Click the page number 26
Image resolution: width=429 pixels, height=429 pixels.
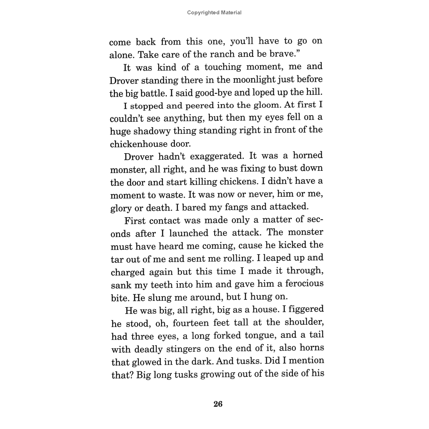pyautogui.click(x=217, y=404)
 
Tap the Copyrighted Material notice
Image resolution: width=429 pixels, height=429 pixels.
pyautogui.click(x=214, y=13)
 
